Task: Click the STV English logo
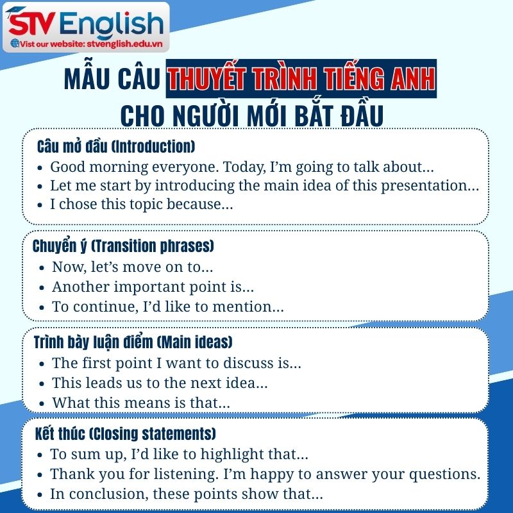87,24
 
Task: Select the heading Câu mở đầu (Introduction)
116,146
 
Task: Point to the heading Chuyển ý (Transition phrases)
123,246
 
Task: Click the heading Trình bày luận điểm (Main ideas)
133,342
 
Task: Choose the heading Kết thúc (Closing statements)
126,433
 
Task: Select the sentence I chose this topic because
141,205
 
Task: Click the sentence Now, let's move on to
132,267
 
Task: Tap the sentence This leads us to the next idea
160,383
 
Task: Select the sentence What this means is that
140,403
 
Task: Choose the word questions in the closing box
444,475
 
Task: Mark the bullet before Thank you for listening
40,475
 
